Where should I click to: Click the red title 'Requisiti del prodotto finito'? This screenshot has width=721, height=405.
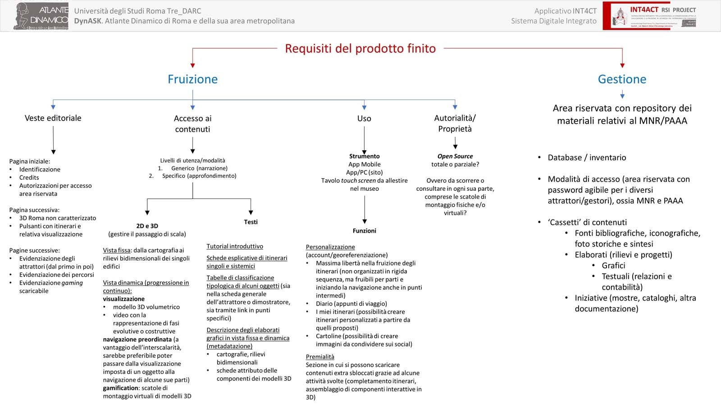point(360,49)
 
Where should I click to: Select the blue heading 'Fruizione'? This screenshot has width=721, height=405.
point(192,79)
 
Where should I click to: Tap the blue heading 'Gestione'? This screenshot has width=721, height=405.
point(622,79)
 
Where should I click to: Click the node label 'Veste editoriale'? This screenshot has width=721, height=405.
point(53,118)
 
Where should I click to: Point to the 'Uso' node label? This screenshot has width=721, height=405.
point(364,118)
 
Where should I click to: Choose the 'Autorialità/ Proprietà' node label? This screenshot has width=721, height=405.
point(455,123)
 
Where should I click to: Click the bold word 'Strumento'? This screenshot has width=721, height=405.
point(364,156)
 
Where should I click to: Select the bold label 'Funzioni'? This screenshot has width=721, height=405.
point(364,231)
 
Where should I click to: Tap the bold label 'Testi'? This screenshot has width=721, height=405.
point(251,222)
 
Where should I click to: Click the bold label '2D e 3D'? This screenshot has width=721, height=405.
point(147,226)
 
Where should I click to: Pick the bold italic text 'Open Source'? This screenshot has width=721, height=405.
point(455,156)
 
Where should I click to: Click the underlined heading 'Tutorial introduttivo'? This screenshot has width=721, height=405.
point(235,246)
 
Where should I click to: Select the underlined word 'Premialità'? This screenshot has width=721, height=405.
point(320,357)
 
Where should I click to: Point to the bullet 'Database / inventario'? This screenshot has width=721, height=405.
point(587,157)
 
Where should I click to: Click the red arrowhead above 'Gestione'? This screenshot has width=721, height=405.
point(622,65)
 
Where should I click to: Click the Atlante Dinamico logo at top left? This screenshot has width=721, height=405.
point(41,16)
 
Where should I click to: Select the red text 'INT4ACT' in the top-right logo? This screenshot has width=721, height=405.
point(644,9)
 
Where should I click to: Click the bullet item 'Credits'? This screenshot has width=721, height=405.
point(29,177)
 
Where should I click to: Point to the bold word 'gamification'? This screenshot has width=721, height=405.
point(120,388)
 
